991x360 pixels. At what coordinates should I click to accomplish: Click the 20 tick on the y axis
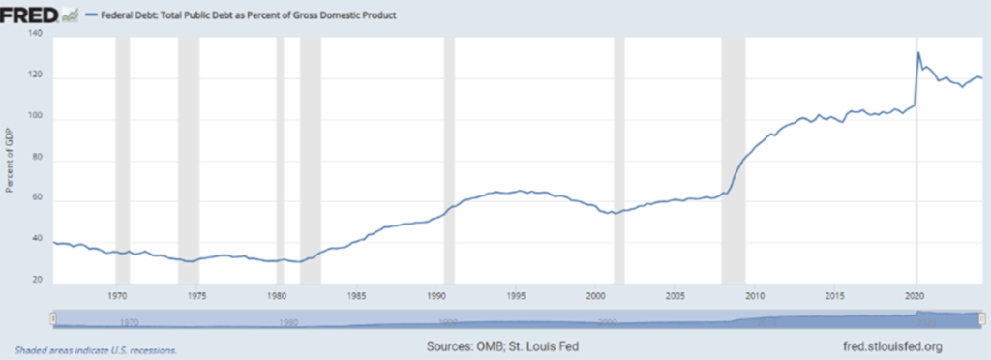click(x=36, y=282)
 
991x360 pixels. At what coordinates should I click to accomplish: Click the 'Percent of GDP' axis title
click(x=10, y=161)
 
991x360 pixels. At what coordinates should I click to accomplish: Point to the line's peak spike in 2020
click(x=917, y=52)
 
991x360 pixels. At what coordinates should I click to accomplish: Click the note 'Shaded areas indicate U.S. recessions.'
click(x=96, y=349)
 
